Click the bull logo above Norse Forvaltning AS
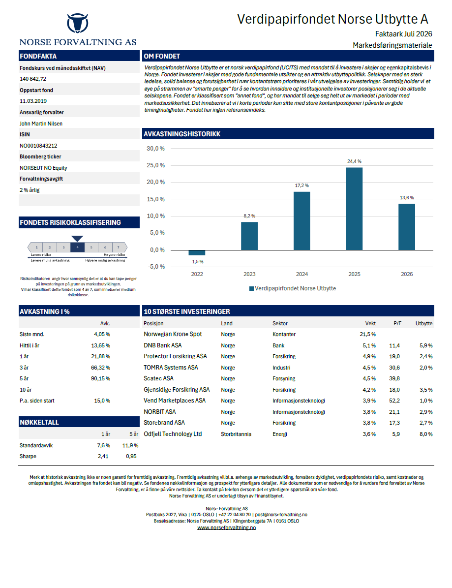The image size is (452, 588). pyautogui.click(x=78, y=23)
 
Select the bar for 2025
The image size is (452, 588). pyautogui.click(x=354, y=209)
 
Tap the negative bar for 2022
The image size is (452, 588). pyautogui.click(x=197, y=253)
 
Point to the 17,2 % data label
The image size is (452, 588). pyautogui.click(x=301, y=186)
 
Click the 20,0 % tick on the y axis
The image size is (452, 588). pyautogui.click(x=155, y=182)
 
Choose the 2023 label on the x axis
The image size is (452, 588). pyautogui.click(x=249, y=274)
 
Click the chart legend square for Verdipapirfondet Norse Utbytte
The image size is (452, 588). pyautogui.click(x=251, y=288)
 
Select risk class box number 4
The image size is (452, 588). pyautogui.click(x=78, y=247)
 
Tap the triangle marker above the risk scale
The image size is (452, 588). pyautogui.click(x=77, y=239)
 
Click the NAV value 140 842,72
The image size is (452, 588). pyautogui.click(x=33, y=79)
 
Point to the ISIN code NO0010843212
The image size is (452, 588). pyautogui.click(x=38, y=146)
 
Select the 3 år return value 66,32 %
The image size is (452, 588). pyautogui.click(x=100, y=368)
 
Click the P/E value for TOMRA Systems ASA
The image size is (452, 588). pyautogui.click(x=394, y=368)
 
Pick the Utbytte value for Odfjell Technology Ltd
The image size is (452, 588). pyautogui.click(x=426, y=434)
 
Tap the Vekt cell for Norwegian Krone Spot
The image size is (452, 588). pyautogui.click(x=368, y=335)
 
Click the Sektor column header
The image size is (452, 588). pyautogui.click(x=280, y=324)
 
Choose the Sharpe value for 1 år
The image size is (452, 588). pyautogui.click(x=103, y=456)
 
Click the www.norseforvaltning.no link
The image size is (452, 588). pyautogui.click(x=226, y=527)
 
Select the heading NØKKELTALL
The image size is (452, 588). pyautogui.click(x=39, y=422)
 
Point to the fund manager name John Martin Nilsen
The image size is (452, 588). pyautogui.click(x=41, y=124)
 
